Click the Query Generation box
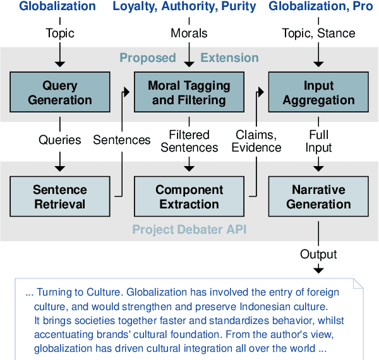click(x=59, y=93)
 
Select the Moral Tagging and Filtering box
click(x=189, y=93)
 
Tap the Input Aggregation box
click(x=318, y=93)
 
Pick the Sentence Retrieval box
click(x=59, y=197)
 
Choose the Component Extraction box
click(x=189, y=197)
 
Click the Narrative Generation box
click(x=318, y=197)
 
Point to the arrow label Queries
click(x=59, y=140)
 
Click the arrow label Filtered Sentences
click(x=189, y=140)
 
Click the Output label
click(x=318, y=255)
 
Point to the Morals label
click(x=189, y=33)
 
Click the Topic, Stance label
click(x=318, y=33)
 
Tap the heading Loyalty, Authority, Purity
click(x=184, y=8)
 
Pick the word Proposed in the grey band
click(x=148, y=58)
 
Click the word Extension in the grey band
click(x=229, y=58)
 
